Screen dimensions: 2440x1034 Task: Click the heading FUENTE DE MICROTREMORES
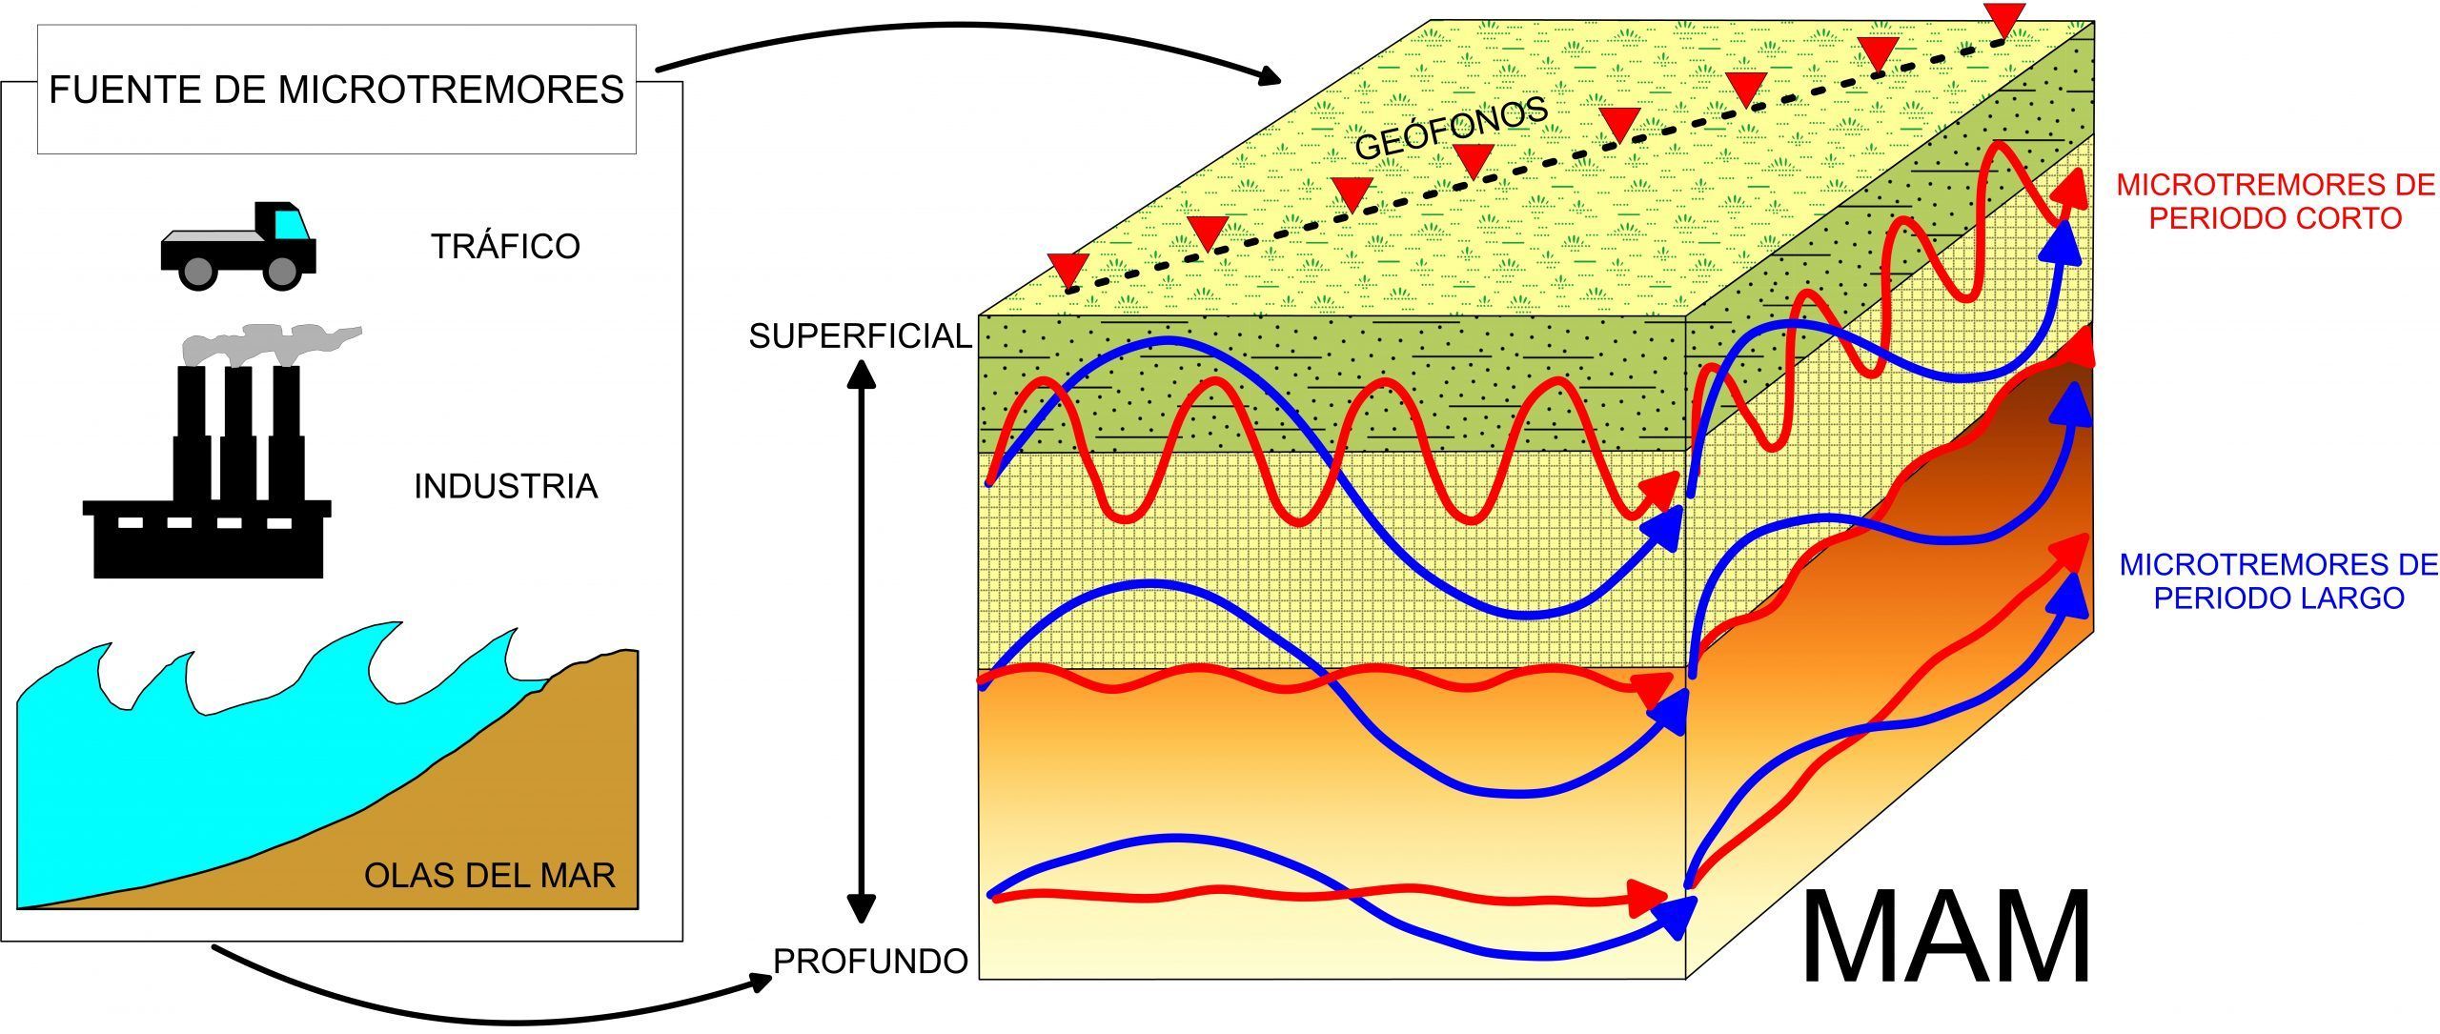[x=336, y=90]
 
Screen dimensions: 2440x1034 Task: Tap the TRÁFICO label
[x=505, y=246]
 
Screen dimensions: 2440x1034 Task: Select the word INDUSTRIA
[x=505, y=486]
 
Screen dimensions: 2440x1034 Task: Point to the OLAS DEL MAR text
[x=489, y=874]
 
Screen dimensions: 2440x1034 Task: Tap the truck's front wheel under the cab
[x=281, y=272]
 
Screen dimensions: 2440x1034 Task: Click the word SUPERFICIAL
[x=860, y=335]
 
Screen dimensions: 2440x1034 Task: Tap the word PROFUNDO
[x=870, y=961]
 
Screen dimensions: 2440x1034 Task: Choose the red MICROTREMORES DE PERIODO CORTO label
[x=2274, y=201]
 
